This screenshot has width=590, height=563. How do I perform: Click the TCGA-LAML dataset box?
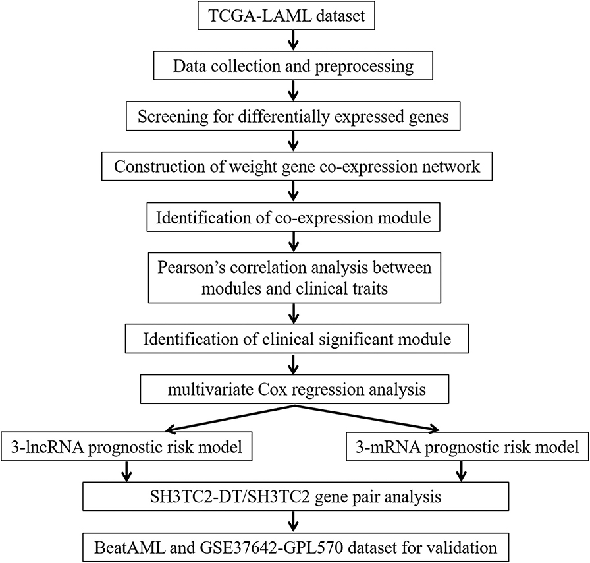286,15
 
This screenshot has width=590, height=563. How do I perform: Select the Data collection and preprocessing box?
293,65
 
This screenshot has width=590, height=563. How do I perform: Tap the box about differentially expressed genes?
293,116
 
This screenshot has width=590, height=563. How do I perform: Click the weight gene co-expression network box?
297,166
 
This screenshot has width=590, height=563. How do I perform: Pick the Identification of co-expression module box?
293,218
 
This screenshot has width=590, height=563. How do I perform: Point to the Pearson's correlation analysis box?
294,278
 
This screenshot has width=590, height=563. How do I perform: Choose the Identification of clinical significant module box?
297,338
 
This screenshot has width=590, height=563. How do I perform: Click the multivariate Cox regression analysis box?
294,389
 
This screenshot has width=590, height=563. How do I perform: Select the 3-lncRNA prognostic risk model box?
126,446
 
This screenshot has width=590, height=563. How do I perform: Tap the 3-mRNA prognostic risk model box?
468,446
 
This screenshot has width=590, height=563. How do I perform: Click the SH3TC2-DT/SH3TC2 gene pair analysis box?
296,496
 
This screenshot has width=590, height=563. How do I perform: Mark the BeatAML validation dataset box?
296,547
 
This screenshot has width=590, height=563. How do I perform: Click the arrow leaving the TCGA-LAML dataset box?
293,40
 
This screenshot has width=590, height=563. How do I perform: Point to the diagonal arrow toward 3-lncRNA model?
230,418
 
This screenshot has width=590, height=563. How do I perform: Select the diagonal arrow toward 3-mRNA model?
367,418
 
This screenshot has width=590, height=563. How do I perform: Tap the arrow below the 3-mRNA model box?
462,471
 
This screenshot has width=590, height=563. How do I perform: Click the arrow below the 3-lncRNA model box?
127,471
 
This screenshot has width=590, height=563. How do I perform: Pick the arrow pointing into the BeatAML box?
293,521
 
